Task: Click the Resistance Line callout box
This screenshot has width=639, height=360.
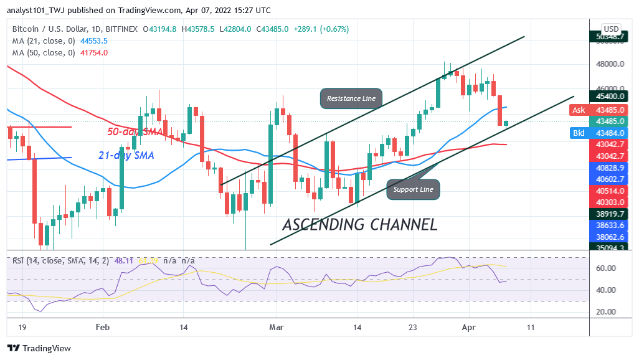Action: [x=352, y=98]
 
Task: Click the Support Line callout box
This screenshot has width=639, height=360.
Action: [x=414, y=189]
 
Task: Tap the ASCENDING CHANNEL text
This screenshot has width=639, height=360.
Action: [x=360, y=224]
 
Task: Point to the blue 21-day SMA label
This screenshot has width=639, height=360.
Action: [x=126, y=155]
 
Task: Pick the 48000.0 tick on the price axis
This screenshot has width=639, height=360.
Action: [x=611, y=64]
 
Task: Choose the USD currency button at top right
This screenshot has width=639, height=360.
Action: [x=611, y=29]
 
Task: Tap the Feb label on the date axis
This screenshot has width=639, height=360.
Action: [x=103, y=326]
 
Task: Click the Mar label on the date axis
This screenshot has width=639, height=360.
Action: [x=275, y=326]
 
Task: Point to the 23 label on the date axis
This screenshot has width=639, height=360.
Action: [x=412, y=326]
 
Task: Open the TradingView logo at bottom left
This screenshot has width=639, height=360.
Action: [x=39, y=348]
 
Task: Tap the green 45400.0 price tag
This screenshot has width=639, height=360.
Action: [x=611, y=97]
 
